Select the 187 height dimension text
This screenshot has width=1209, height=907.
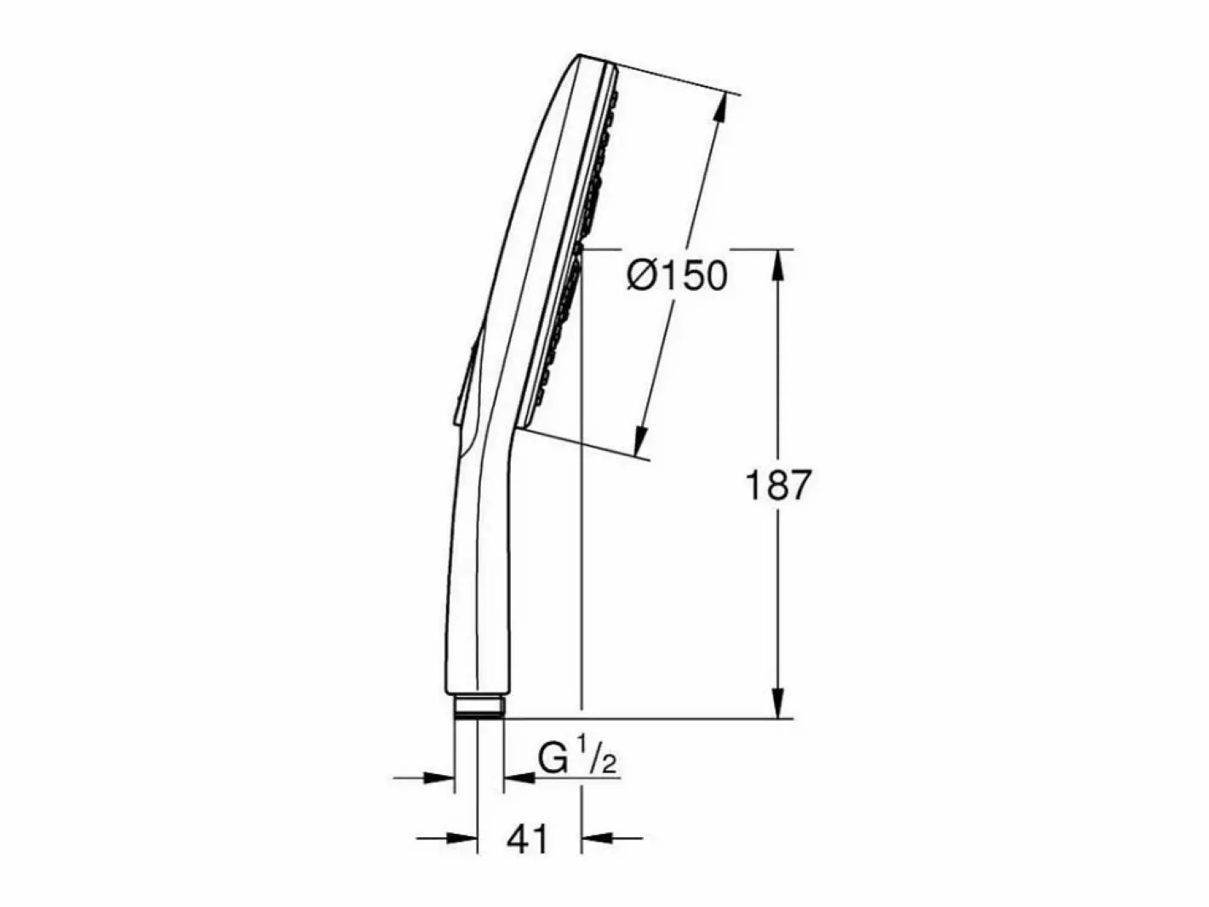[778, 485]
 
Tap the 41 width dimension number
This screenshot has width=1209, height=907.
[528, 839]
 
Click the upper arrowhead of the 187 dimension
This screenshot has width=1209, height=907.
[777, 270]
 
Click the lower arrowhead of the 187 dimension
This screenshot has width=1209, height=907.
[777, 699]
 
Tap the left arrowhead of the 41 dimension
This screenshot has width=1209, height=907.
[461, 839]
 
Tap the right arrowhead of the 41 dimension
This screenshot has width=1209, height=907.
[599, 839]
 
